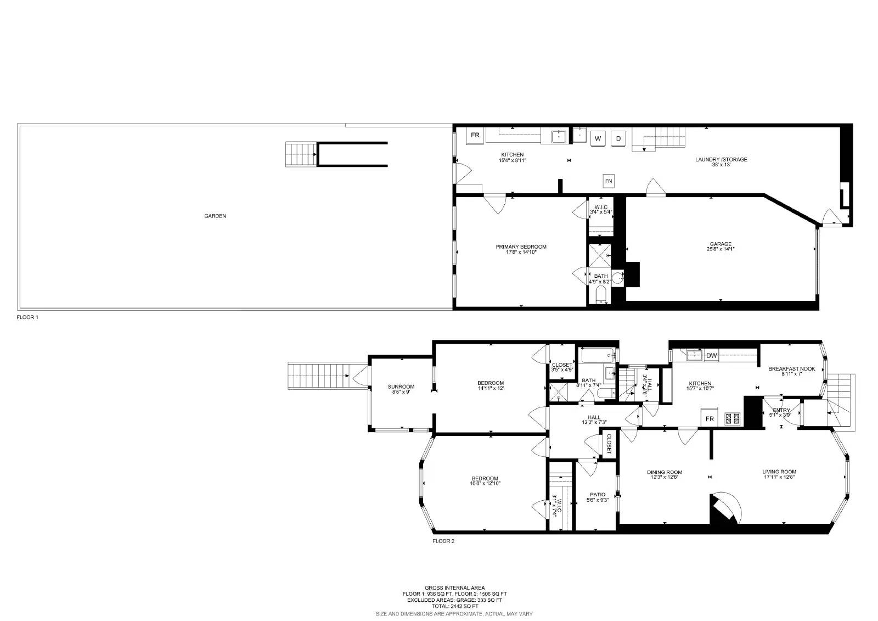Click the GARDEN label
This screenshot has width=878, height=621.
coord(215,216)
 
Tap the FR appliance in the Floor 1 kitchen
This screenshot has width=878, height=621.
coord(475,135)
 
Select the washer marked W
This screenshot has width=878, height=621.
coord(598,138)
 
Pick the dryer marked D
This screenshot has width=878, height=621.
coord(618,138)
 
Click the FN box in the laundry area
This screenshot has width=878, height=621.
coord(609,181)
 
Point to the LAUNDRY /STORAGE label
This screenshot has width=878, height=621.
coord(721,160)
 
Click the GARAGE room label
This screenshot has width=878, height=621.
coord(721,244)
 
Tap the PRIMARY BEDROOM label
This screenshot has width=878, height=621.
coord(521,247)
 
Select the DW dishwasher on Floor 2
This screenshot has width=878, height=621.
coord(711,356)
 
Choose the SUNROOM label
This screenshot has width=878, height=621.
coord(401,387)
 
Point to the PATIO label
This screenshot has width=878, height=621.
coord(598,495)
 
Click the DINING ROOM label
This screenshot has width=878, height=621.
coord(665,472)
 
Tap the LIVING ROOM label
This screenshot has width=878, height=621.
coord(779,472)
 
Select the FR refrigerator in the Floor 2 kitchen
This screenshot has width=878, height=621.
coord(710,419)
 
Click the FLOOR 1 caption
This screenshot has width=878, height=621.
coord(27,317)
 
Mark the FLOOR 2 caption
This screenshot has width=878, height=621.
coord(443,541)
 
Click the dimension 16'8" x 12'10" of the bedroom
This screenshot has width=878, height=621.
coord(485,484)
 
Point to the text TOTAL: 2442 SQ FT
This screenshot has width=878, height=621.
coord(454,606)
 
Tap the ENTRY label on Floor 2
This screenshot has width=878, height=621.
coord(781,410)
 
